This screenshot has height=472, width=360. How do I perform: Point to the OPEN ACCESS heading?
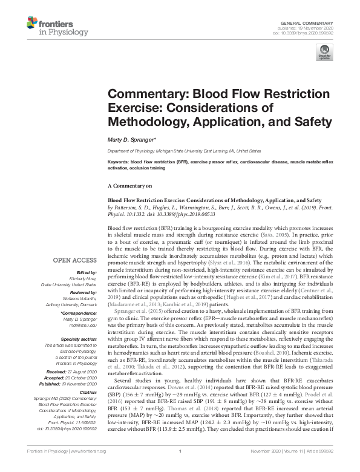tap(74, 261)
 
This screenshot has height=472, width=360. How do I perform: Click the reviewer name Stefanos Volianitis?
tap(79, 298)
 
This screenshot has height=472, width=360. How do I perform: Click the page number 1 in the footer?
tap(180, 468)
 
